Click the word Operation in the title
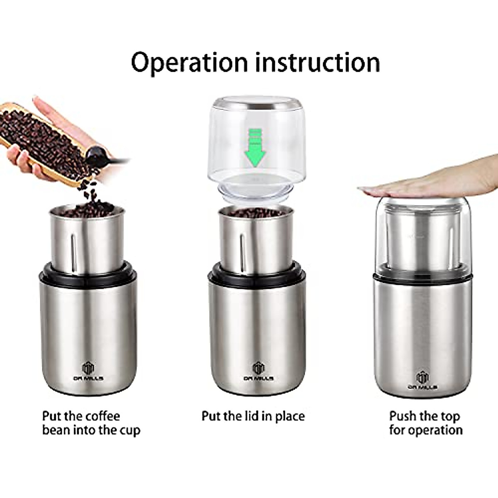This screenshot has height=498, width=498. (x=189, y=62)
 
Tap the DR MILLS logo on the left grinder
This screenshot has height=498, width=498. (x=88, y=371)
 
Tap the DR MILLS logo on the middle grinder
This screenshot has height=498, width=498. (x=258, y=371)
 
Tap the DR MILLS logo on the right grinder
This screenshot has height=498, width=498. (x=422, y=379)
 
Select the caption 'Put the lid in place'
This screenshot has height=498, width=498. (x=253, y=416)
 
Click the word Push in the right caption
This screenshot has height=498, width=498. (x=404, y=416)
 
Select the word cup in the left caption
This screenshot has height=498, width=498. (x=130, y=430)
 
